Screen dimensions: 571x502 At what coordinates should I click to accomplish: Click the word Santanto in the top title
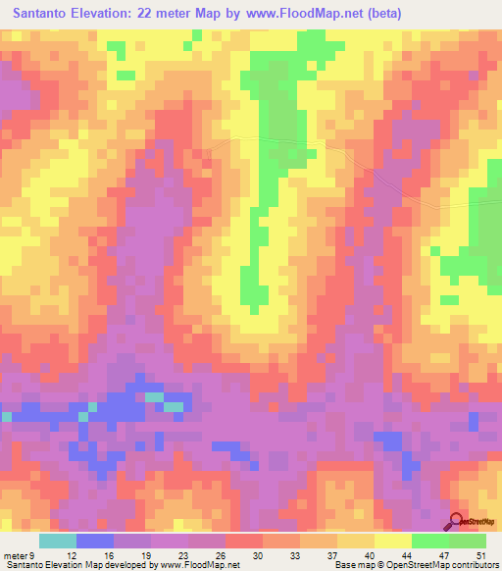click(49, 14)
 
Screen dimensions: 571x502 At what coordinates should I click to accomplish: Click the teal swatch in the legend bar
click(58, 540)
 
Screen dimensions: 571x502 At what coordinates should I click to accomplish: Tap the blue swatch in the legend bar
click(95, 540)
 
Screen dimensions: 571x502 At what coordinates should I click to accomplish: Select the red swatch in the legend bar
click(244, 540)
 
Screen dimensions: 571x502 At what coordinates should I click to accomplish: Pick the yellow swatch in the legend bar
click(393, 540)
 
